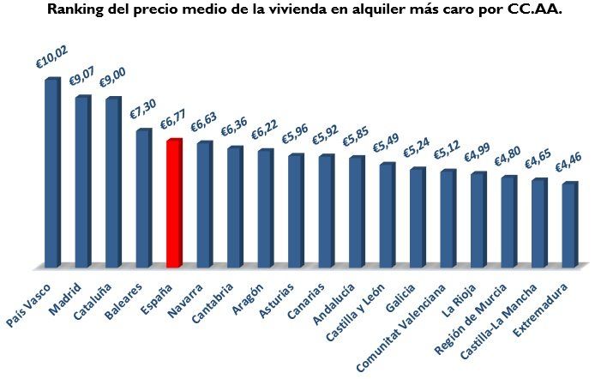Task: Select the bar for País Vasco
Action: pyautogui.click(x=51, y=172)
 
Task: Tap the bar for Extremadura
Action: pyautogui.click(x=568, y=225)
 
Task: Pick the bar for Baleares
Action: pyautogui.click(x=143, y=198)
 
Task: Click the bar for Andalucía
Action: pyautogui.click(x=356, y=212)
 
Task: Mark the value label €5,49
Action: pyautogui.click(x=387, y=141)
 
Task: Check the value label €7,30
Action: pyautogui.click(x=144, y=107)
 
